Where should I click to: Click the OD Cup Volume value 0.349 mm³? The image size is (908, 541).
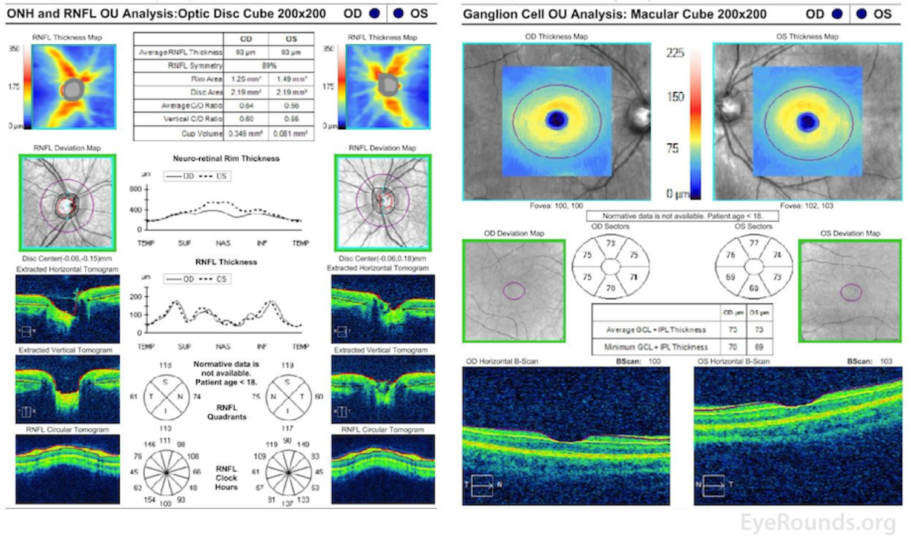(x=245, y=133)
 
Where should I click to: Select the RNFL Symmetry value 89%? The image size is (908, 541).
(x=269, y=65)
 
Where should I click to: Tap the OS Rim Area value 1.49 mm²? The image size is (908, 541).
(x=291, y=79)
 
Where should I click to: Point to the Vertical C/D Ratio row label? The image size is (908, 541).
(x=192, y=119)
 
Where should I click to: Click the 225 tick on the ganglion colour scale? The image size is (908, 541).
(x=675, y=53)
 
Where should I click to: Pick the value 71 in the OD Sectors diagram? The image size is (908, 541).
(x=633, y=277)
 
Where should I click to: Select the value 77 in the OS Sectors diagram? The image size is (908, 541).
(x=754, y=244)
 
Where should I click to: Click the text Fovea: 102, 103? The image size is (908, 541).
(x=806, y=206)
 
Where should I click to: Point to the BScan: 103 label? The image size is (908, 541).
(x=869, y=361)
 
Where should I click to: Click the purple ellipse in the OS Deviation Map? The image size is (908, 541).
(x=851, y=293)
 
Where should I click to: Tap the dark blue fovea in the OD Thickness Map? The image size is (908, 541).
(x=557, y=119)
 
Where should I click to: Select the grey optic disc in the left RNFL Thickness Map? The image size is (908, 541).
(x=73, y=89)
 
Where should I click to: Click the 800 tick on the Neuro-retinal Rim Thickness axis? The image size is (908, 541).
(x=136, y=189)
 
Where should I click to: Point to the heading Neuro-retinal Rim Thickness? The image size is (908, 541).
(x=226, y=158)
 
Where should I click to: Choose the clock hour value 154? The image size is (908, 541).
(x=149, y=500)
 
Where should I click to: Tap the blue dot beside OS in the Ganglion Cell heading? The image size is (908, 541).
(x=861, y=13)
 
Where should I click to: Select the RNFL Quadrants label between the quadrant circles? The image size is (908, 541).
(x=226, y=412)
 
